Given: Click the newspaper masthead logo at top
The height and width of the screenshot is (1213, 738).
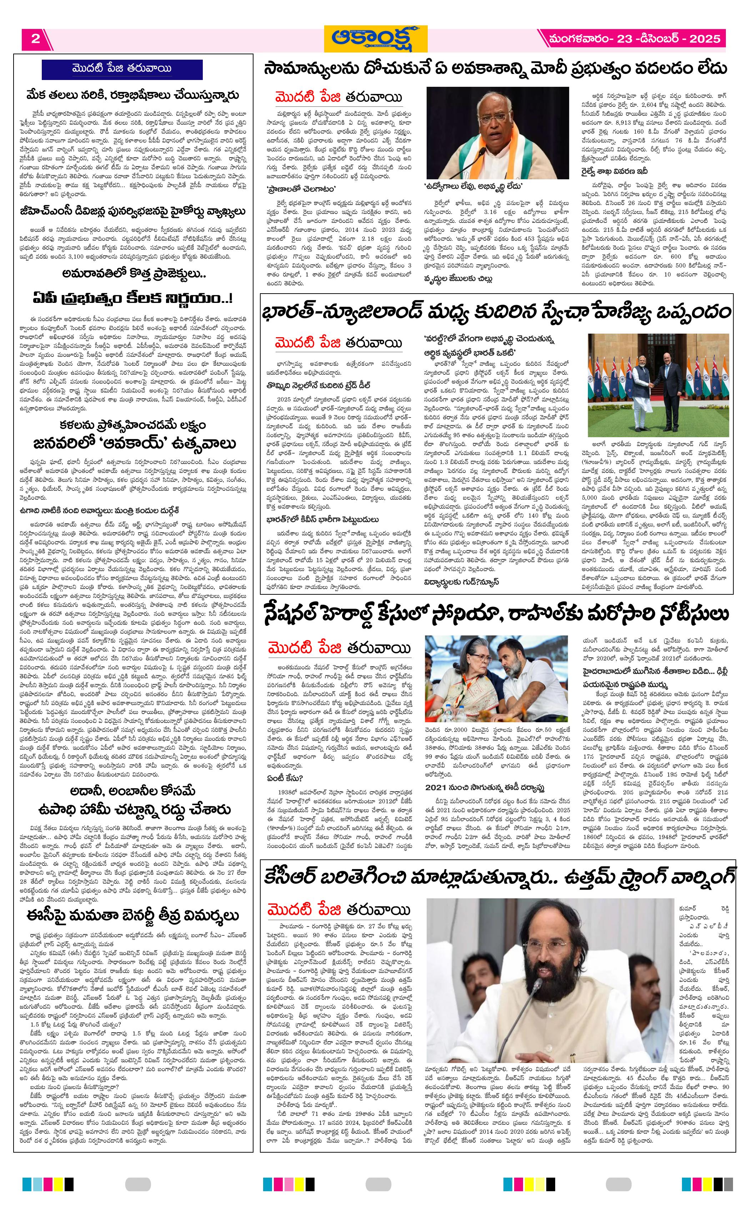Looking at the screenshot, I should click(x=375, y=39).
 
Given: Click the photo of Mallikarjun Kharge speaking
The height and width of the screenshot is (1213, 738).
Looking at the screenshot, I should click(x=497, y=133).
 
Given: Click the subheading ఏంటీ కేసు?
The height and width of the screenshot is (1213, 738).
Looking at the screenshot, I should click(x=285, y=778).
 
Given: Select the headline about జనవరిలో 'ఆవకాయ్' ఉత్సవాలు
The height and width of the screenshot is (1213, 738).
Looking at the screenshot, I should click(x=132, y=443).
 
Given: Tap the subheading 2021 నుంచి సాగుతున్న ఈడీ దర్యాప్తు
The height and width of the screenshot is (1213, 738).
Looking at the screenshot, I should click(x=484, y=787).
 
